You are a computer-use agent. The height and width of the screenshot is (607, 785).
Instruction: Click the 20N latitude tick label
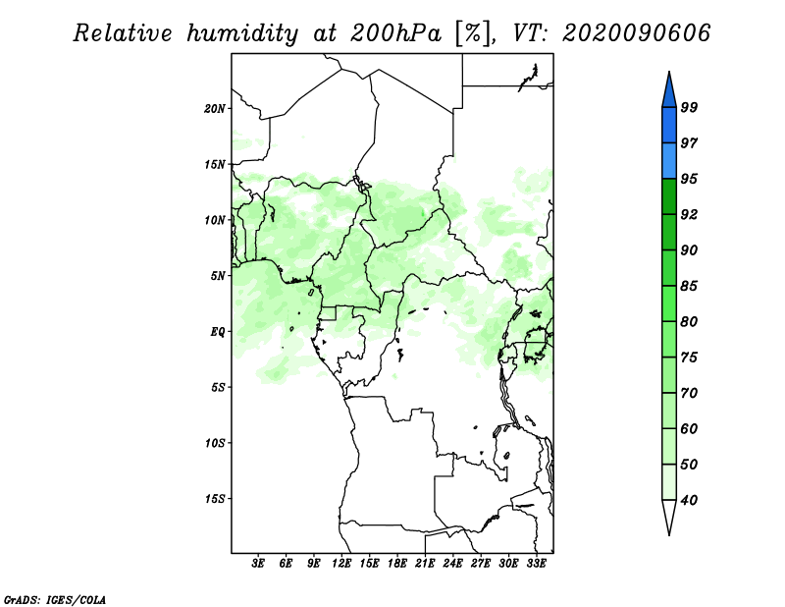coord(215,109)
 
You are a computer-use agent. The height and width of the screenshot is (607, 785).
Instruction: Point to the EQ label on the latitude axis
coord(217,332)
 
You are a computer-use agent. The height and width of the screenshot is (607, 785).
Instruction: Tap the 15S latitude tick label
coord(215,499)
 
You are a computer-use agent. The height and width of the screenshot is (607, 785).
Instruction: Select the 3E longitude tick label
coord(258,563)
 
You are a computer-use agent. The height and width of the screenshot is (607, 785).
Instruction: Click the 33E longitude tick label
coord(536,563)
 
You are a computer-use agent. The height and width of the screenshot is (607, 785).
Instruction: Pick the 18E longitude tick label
coord(397,563)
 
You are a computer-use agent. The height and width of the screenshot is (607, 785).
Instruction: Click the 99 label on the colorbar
coord(689,107)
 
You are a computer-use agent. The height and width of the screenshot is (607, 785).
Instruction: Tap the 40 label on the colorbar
coord(689,500)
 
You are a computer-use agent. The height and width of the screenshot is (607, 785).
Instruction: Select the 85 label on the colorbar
coord(689,286)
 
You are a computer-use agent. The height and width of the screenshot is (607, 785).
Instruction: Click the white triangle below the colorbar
coord(669,516)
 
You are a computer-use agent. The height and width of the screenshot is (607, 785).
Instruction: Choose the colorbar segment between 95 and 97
coord(669,161)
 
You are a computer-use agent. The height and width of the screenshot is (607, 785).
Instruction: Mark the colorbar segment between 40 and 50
coord(669,482)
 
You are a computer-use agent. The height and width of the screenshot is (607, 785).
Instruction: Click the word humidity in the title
coord(242,33)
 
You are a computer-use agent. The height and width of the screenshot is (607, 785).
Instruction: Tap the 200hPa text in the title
coord(395,33)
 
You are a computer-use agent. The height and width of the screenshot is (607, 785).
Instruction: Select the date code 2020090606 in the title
coord(636,33)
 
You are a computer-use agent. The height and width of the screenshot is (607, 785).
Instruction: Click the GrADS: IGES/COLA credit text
coord(55,600)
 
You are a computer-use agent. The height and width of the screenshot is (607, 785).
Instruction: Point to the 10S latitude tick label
coord(215,443)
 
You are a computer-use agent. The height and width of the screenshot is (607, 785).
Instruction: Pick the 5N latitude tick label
coord(218,276)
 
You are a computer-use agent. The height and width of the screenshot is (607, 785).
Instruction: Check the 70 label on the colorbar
coord(689,393)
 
